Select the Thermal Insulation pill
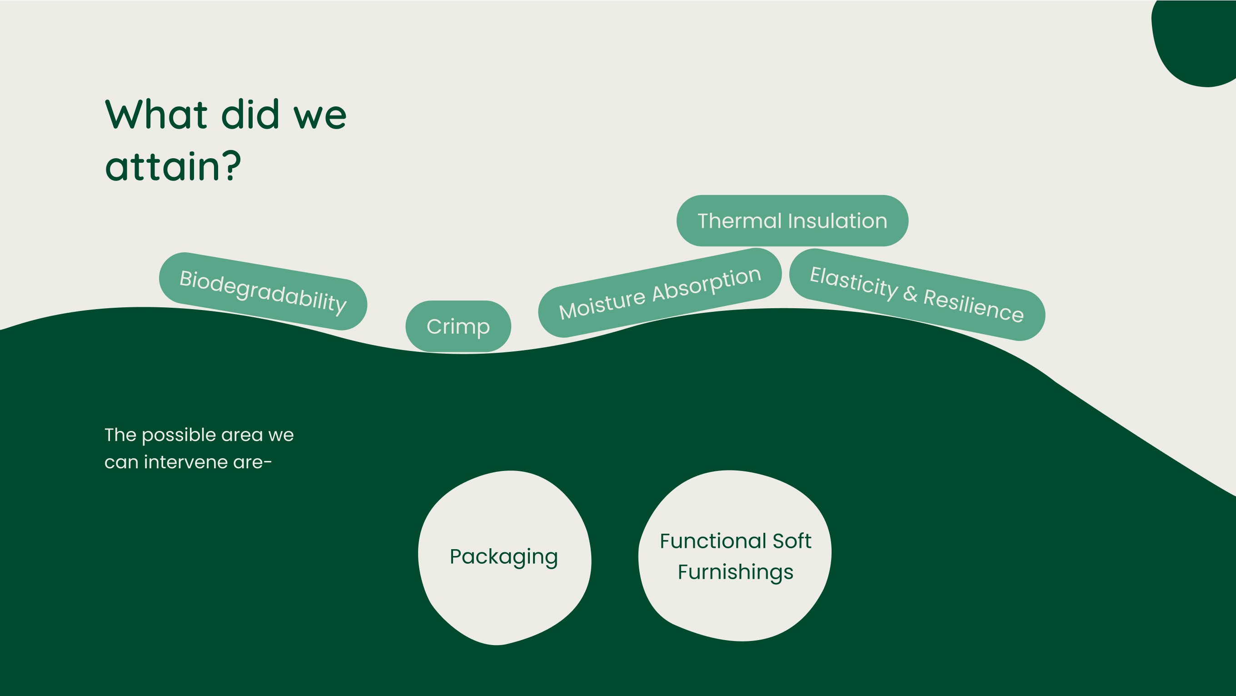792,221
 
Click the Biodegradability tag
263,291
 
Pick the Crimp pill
458,326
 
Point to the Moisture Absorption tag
660,293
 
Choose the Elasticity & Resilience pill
917,295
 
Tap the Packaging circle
504,557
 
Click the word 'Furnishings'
736,572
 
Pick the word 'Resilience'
973,305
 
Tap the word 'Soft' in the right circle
792,541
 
